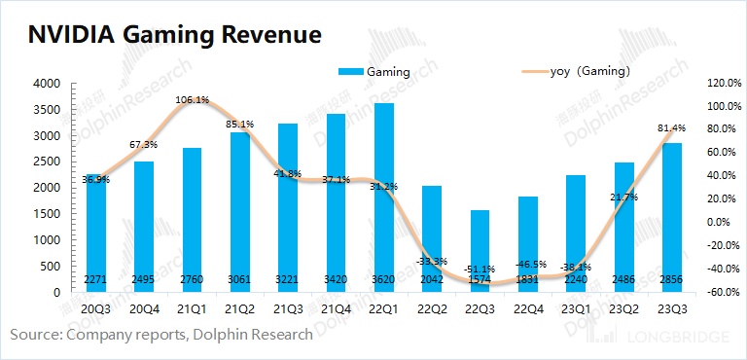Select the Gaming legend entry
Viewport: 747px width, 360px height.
click(373, 71)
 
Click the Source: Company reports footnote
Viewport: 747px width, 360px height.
click(161, 335)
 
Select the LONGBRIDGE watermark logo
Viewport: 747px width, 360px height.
click(661, 337)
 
